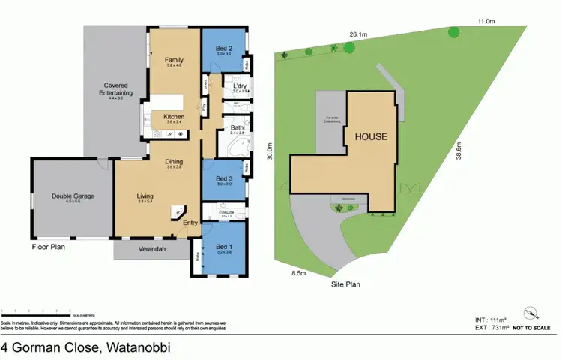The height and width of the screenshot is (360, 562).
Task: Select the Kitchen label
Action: pyautogui.click(x=174, y=117)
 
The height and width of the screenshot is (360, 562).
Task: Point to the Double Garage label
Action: pyautogui.click(x=73, y=196)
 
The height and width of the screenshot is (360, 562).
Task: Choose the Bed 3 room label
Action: pyautogui.click(x=224, y=178)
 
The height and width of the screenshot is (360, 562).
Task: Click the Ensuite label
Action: pyautogui.click(x=227, y=213)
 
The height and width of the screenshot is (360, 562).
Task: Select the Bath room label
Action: pyautogui.click(x=237, y=128)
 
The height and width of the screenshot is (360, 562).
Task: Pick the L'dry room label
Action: pyautogui.click(x=230, y=86)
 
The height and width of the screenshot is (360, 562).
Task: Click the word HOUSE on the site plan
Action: pyautogui.click(x=371, y=136)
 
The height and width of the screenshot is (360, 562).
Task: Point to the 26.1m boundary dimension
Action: pyautogui.click(x=357, y=34)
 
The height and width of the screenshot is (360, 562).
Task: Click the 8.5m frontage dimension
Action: pyautogui.click(x=298, y=273)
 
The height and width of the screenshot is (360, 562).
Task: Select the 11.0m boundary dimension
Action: pyautogui.click(x=486, y=21)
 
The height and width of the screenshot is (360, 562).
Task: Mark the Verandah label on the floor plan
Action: pyautogui.click(x=151, y=248)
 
